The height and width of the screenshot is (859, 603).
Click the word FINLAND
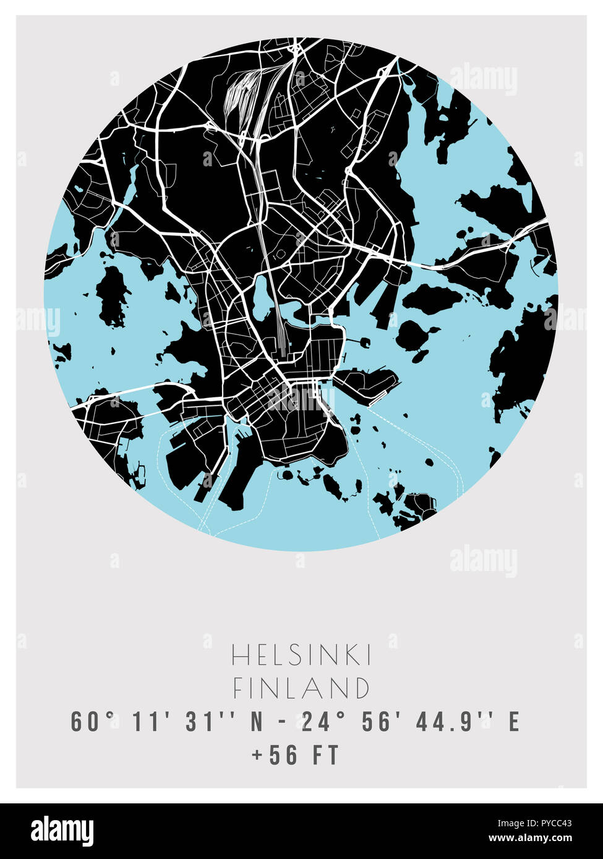click(301, 688)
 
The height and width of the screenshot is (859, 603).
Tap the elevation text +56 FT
click(295, 755)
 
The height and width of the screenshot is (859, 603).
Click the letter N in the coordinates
click(257, 722)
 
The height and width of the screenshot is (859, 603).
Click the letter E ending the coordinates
click(513, 722)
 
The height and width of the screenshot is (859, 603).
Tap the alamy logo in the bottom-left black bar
click(62, 831)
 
